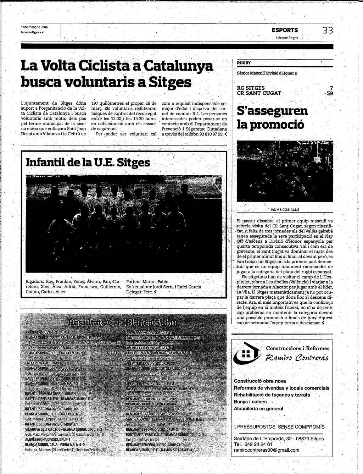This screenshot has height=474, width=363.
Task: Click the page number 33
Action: coord(328,31)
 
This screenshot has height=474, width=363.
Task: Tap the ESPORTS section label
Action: coord(285,30)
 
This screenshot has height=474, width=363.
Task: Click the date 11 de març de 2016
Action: coord(34,27)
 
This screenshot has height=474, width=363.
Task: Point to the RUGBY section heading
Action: coord(244,63)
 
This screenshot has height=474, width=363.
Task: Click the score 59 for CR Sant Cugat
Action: coord(330,93)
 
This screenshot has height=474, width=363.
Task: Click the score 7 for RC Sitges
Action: coord(331,88)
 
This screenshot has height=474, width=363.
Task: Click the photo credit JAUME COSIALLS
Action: coord(285,210)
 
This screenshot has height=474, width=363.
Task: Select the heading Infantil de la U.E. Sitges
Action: coord(88,162)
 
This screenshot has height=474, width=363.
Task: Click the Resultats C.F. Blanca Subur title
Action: coord(124,323)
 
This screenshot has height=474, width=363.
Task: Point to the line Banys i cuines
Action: coord(250,402)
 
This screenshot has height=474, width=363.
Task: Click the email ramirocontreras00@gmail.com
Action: coord(266,450)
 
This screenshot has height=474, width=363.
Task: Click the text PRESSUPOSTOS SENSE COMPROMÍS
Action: coord(280,427)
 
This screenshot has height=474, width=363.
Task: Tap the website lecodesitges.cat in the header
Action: coord(32,32)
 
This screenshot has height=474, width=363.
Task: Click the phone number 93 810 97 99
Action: coord(211,134)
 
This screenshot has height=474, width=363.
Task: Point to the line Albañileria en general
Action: coord(258,408)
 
